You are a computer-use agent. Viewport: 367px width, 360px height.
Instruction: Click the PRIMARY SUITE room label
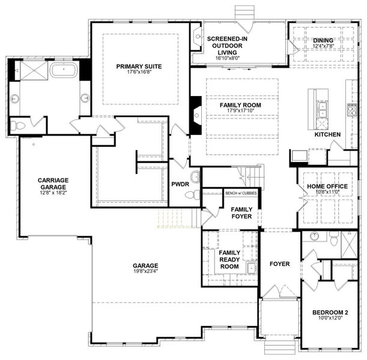pos(139,67)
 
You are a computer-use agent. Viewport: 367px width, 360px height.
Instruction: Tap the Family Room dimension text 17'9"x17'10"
pos(240,110)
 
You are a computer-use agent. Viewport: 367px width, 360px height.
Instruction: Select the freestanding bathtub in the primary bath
pos(64,70)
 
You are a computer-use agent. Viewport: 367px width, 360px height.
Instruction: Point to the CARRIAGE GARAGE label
pos(53,184)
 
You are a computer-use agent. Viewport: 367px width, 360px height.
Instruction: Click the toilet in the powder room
pos(193,194)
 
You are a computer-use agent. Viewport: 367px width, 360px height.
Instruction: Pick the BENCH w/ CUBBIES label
pos(241,193)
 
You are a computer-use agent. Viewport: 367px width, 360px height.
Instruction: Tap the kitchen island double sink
pos(322,110)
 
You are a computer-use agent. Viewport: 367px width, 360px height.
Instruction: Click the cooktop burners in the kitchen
pos(352,110)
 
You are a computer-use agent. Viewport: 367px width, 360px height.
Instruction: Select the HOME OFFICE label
pos(327,187)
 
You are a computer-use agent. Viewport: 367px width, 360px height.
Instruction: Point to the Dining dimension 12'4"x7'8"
pos(323,46)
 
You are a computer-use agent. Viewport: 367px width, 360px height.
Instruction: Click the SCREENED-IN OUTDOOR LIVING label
pos(227,46)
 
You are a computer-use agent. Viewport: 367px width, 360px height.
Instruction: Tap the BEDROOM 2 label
pos(330,313)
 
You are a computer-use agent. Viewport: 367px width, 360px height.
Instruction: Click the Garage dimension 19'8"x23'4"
pos(145,271)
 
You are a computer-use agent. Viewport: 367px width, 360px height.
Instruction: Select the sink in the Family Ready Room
pos(252,268)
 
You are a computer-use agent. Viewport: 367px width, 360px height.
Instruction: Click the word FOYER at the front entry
pos(280,264)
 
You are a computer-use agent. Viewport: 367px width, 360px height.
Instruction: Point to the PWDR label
pos(180,184)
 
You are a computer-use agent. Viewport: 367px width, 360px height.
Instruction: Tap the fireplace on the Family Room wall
pos(196,115)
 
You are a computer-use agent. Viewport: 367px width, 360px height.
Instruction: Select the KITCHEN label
pos(327,134)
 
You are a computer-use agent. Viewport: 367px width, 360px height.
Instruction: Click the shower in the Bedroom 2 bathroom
pos(349,245)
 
